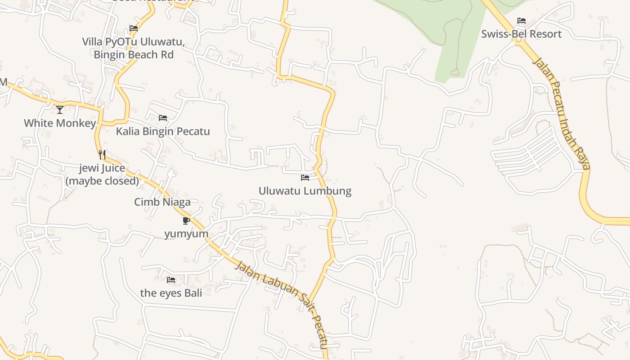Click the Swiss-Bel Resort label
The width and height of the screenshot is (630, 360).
(x=521, y=34)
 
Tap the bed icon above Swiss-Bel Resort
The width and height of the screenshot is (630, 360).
(x=521, y=21)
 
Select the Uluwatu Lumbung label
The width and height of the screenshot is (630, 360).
(x=305, y=191)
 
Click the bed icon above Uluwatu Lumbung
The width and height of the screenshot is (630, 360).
(x=305, y=178)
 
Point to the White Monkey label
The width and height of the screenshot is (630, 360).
(x=60, y=123)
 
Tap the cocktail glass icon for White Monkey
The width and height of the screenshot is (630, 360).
(x=60, y=109)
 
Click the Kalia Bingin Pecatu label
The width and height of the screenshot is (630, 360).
(x=163, y=131)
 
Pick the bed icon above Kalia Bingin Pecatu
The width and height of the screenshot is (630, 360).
(x=163, y=118)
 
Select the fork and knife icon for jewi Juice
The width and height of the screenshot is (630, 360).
(x=102, y=155)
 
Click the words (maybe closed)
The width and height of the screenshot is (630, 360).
(x=102, y=181)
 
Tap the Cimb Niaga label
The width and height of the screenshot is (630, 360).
(x=162, y=202)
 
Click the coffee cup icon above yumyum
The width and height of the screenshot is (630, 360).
(x=186, y=220)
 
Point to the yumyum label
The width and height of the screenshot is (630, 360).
(x=186, y=234)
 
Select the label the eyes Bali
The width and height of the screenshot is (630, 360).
(x=171, y=293)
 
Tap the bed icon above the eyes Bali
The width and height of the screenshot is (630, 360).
(x=171, y=280)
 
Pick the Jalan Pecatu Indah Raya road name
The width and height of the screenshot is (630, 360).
(x=561, y=112)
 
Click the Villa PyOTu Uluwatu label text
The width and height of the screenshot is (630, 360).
(x=133, y=42)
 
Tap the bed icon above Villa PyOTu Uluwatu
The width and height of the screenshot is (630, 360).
(x=134, y=28)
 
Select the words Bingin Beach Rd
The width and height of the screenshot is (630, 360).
(x=134, y=55)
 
